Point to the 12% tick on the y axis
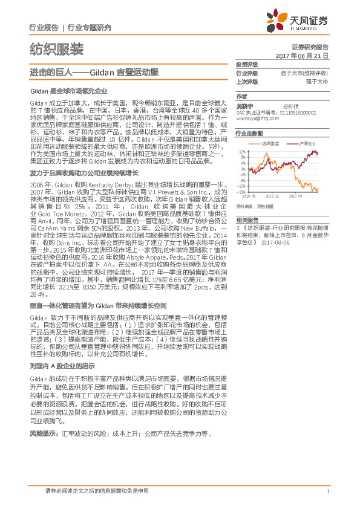[242, 152]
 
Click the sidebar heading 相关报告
[247, 219]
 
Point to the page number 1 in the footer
[327, 491]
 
